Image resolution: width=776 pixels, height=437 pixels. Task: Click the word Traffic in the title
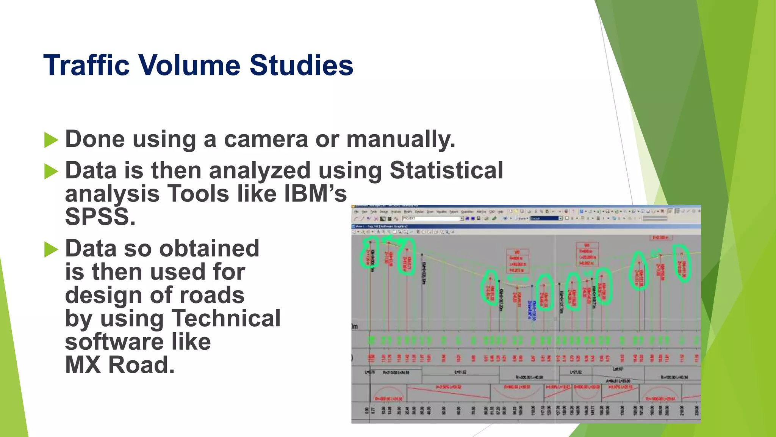(x=86, y=65)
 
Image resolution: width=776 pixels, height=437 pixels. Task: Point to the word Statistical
(x=446, y=170)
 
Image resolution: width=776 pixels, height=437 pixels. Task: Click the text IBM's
(x=315, y=194)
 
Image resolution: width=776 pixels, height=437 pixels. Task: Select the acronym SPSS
(x=100, y=217)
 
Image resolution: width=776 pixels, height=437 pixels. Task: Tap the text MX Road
(x=120, y=365)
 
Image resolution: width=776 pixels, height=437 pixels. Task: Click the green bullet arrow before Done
(x=51, y=140)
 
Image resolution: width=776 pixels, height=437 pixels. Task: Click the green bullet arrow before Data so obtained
(x=51, y=250)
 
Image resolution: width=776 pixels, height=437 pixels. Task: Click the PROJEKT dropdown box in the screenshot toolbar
(x=432, y=218)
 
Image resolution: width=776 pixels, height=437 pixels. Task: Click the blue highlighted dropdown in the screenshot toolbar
(x=546, y=218)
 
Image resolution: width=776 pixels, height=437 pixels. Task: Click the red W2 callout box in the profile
(x=517, y=261)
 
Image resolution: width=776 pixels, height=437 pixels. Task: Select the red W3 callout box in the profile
(x=587, y=254)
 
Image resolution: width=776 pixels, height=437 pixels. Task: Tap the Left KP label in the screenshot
(x=618, y=369)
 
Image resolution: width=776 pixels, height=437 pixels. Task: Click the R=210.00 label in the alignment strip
(x=396, y=373)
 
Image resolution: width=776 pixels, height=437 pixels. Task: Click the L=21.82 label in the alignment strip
(x=576, y=372)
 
